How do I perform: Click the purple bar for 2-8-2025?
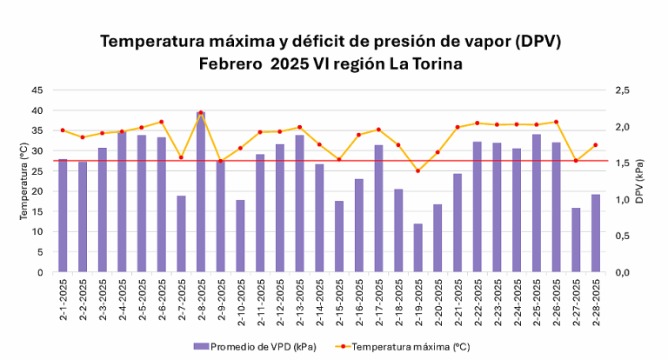click(x=201, y=192)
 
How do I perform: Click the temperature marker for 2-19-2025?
click(x=418, y=170)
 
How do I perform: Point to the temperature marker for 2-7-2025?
click(x=181, y=157)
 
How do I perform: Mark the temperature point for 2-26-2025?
click(x=557, y=122)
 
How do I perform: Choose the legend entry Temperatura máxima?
click(x=411, y=346)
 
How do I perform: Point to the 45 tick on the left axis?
click(x=37, y=90)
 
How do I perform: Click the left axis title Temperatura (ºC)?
click(x=24, y=181)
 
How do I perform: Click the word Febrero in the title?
click(x=230, y=63)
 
